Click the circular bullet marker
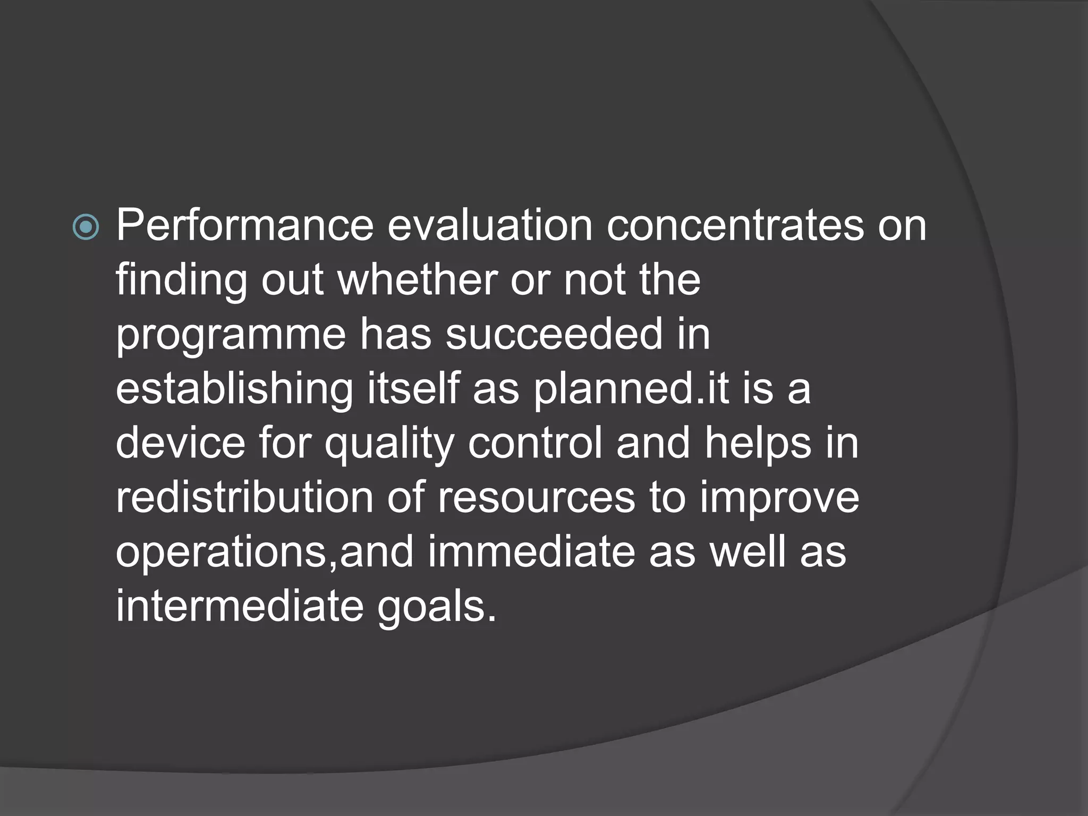pos(86,228)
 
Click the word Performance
pos(245,226)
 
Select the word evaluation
pos(489,226)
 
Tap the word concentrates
pos(735,226)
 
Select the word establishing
pos(234,389)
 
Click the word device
pos(181,443)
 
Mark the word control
pos(535,443)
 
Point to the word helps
pos(758,444)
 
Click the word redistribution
pos(245,498)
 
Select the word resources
pos(536,499)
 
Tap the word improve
pos(779,499)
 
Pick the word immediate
pos(531,552)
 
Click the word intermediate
pos(240,606)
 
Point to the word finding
pos(181,281)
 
